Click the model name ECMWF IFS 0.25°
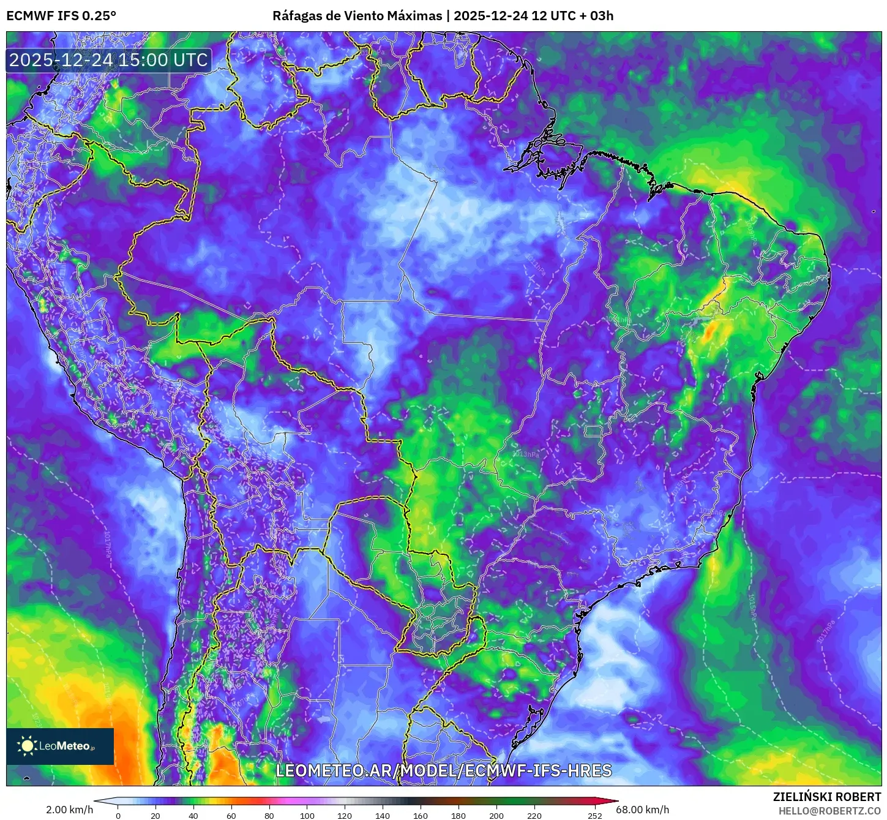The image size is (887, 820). [x=61, y=16]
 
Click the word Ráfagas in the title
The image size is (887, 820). [x=296, y=16]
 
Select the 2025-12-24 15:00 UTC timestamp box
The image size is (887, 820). [x=109, y=61]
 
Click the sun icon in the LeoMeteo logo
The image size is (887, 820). [x=27, y=745]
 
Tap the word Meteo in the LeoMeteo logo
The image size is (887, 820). [x=73, y=746]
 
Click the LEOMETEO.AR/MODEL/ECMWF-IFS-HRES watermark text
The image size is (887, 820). [x=443, y=770]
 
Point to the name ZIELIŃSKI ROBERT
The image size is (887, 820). [x=826, y=797]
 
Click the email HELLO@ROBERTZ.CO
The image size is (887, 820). [x=829, y=811]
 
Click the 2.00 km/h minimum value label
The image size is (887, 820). [x=69, y=810]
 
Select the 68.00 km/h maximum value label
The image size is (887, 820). [x=646, y=810]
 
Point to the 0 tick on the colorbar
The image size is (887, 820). [x=118, y=815]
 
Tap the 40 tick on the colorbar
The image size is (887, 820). [x=193, y=815]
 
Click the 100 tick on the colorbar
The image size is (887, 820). [x=307, y=815]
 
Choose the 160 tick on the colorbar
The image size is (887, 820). [x=421, y=815]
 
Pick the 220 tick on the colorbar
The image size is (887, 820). [x=534, y=815]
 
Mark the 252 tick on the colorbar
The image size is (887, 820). [x=594, y=815]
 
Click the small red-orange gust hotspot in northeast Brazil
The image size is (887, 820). [x=710, y=331]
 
